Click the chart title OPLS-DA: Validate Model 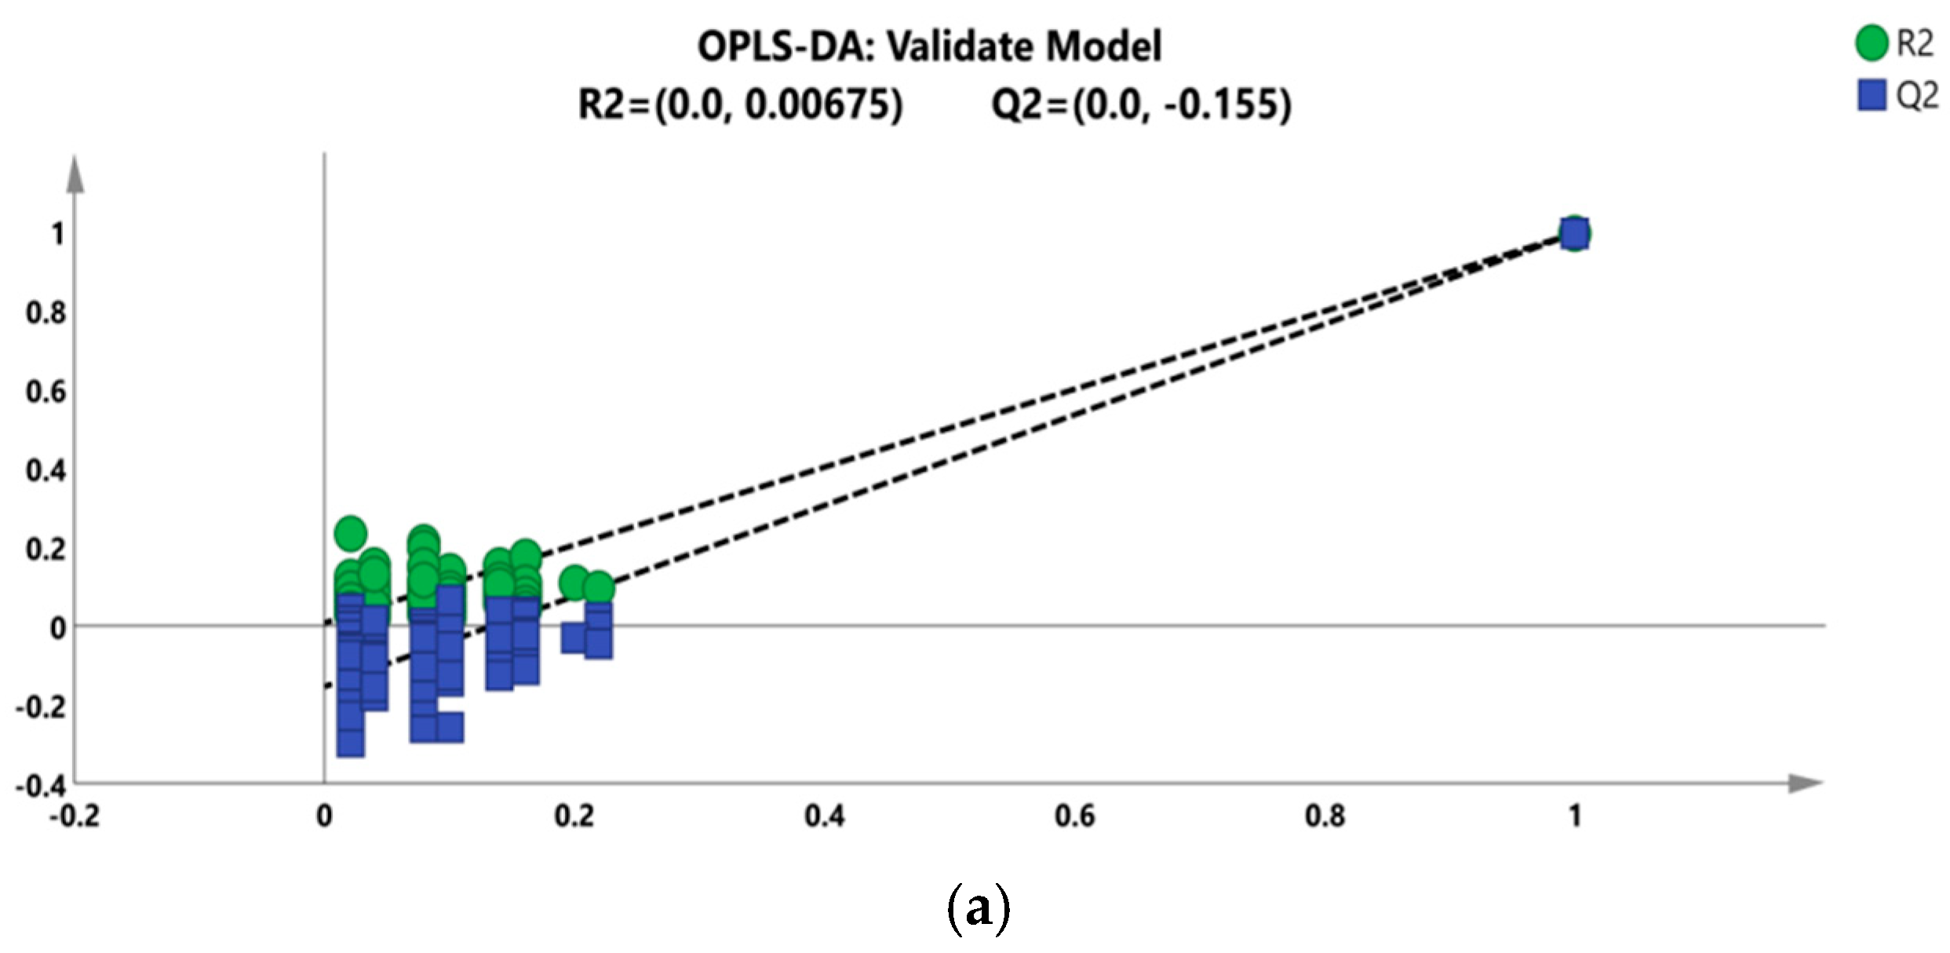(929, 46)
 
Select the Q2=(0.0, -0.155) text (1141, 104)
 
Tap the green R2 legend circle (1871, 43)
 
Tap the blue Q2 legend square (1871, 95)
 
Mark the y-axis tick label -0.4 (41, 786)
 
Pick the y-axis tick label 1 (57, 234)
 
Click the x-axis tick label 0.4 (825, 817)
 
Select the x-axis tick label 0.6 (1074, 817)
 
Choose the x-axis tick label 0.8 (1325, 817)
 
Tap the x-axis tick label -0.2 (75, 817)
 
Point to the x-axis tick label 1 (1574, 817)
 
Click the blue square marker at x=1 (1574, 234)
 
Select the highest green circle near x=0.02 (350, 534)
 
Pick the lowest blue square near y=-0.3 (350, 742)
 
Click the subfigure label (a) (978, 908)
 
